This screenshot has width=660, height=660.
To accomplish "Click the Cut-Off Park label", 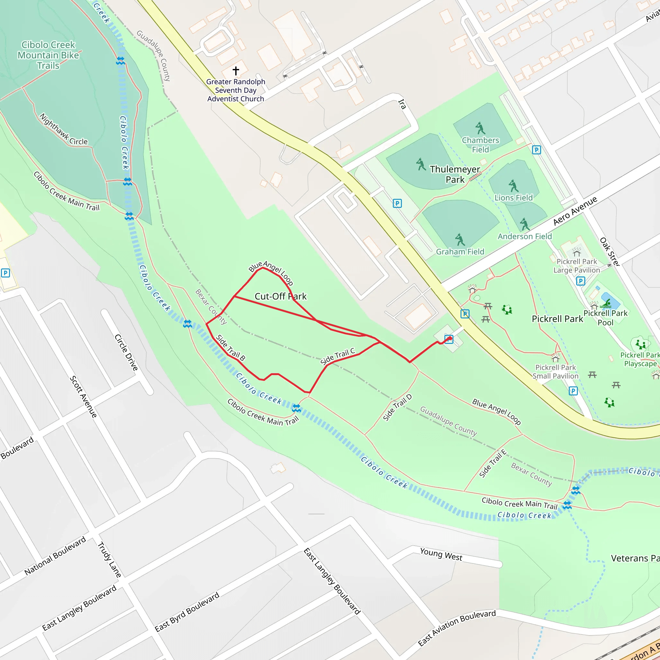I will pyautogui.click(x=280, y=296).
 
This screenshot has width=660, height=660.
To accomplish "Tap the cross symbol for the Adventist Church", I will pyautogui.click(x=236, y=71).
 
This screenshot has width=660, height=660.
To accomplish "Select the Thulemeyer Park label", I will pyautogui.click(x=455, y=174).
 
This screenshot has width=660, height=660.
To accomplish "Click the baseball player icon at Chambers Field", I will pyautogui.click(x=480, y=128).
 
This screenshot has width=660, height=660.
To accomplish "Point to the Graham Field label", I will pyautogui.click(x=460, y=252).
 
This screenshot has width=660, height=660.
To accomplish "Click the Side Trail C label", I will pyautogui.click(x=337, y=356).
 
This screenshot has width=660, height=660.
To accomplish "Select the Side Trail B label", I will pyautogui.click(x=231, y=348).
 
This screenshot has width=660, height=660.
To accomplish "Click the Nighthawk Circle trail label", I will pyautogui.click(x=63, y=130).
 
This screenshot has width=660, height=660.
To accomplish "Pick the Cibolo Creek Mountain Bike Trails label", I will pyautogui.click(x=48, y=55).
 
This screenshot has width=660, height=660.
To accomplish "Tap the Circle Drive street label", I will pyautogui.click(x=126, y=353).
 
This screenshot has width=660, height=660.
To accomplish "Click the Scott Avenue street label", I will pyautogui.click(x=83, y=397).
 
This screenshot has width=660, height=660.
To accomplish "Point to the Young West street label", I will pyautogui.click(x=441, y=554).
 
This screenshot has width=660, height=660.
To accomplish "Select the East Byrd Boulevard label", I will pyautogui.click(x=187, y=612).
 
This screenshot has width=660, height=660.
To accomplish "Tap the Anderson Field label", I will pyautogui.click(x=524, y=237).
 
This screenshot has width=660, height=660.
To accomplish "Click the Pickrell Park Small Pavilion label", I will pyautogui.click(x=556, y=372).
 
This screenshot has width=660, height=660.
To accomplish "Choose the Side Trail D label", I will pyautogui.click(x=397, y=408).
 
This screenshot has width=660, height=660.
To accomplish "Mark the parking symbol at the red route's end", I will pyautogui.click(x=449, y=339).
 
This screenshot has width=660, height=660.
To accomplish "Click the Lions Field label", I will pyautogui.click(x=513, y=198).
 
